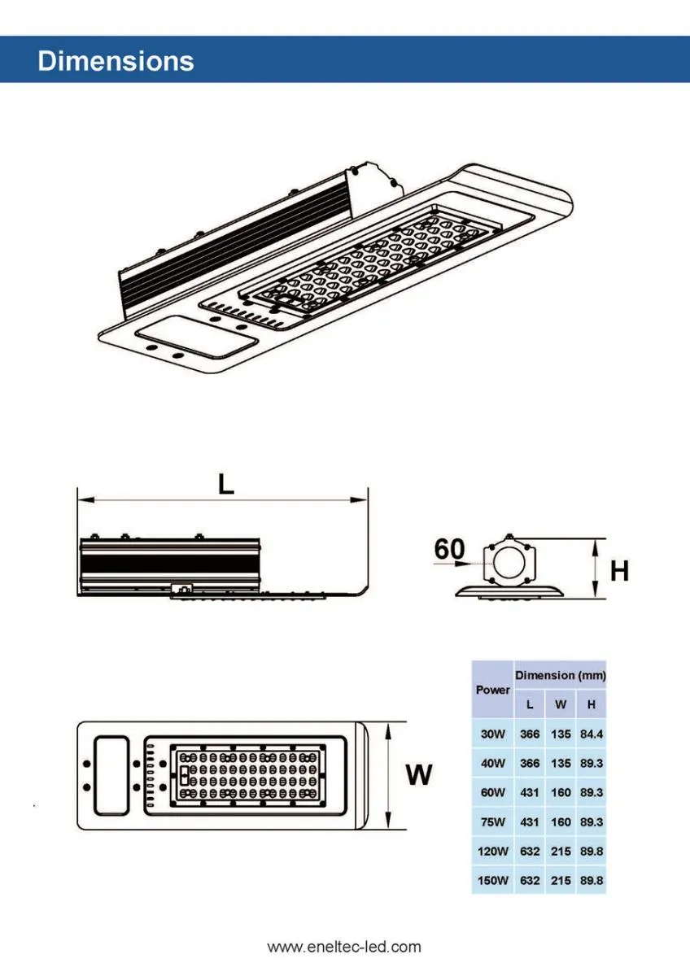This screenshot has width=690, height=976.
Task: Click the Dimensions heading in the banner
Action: [116, 61]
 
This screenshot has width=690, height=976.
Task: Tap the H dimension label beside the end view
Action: [620, 571]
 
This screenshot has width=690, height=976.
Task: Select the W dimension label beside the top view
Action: [419, 775]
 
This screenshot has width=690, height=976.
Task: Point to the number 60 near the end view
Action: [449, 550]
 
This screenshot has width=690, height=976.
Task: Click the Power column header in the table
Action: [493, 690]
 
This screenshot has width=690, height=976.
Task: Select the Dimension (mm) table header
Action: [560, 676]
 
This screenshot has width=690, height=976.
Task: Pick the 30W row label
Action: [493, 734]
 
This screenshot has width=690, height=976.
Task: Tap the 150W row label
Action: [493, 881]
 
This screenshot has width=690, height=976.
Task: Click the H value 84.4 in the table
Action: [592, 734]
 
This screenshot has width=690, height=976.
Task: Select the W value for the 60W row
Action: [561, 793]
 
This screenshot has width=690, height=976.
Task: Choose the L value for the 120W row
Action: [530, 852]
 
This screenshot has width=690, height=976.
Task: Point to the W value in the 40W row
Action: [561, 764]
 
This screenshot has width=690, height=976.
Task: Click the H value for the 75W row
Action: [592, 822]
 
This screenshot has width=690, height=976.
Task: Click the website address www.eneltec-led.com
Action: [344, 947]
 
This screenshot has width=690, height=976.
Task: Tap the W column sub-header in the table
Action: [561, 704]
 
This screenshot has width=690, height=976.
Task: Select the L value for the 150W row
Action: [530, 881]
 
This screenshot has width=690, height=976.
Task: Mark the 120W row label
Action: [493, 852]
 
